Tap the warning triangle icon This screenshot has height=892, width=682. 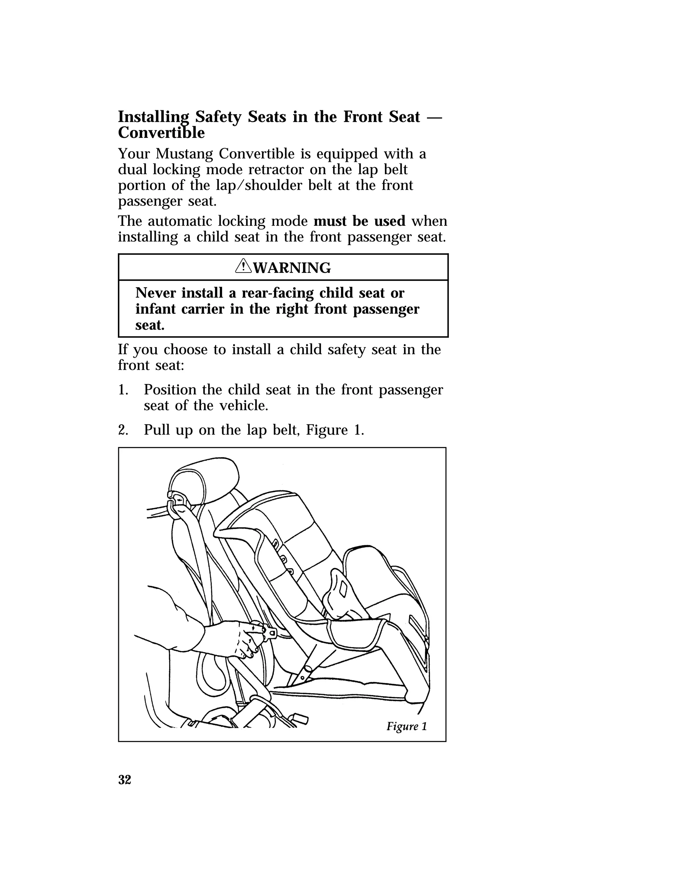point(243,267)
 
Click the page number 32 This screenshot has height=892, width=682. point(125,780)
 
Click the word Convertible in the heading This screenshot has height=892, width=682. point(161,133)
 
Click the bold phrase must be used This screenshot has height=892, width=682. point(359,221)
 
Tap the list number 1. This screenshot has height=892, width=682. point(123,390)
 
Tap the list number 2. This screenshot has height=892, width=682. point(123,430)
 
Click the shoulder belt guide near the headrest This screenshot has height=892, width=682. point(177,503)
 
